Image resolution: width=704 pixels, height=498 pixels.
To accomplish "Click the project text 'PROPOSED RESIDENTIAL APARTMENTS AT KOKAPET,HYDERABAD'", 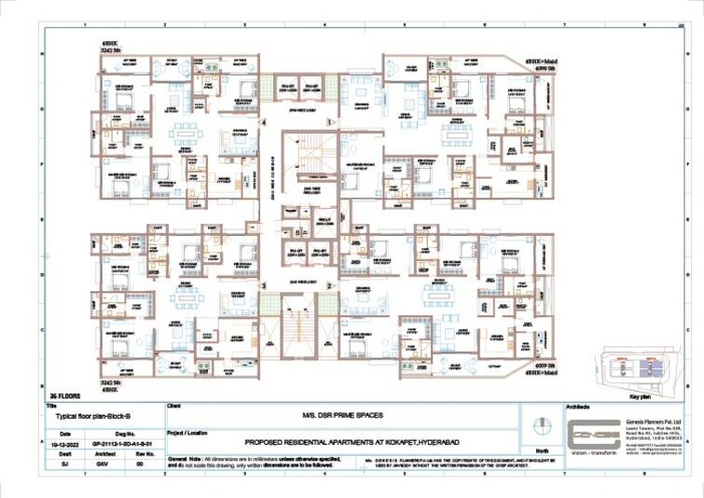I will pyautogui.click(x=347, y=441).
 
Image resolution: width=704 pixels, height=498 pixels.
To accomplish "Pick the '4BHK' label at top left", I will pyautogui.click(x=110, y=43).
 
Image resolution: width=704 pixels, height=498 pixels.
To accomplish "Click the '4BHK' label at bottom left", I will pyautogui.click(x=111, y=389).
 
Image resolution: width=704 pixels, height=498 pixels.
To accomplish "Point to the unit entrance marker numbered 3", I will pyautogui.click(x=265, y=285).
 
